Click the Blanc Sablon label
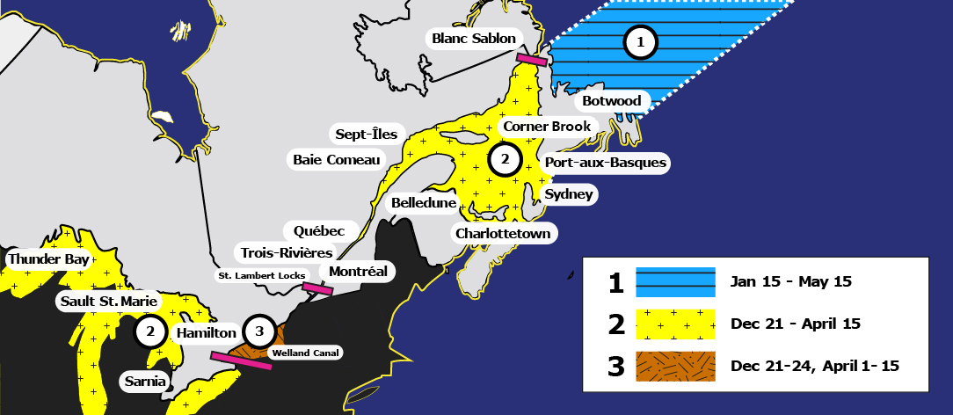point(474,38)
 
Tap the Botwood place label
point(613,101)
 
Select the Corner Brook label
point(546,127)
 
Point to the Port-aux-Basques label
point(606,163)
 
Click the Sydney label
point(569,194)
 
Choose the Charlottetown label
point(503,233)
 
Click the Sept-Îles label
point(367,135)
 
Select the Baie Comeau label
point(337,159)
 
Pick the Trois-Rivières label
point(280,251)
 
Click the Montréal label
point(358,271)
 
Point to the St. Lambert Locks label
point(261,276)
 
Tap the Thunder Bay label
point(47,259)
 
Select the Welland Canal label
point(305,353)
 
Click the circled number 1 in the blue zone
point(641,41)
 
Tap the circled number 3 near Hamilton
point(258,331)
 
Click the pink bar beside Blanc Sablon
point(532,60)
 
